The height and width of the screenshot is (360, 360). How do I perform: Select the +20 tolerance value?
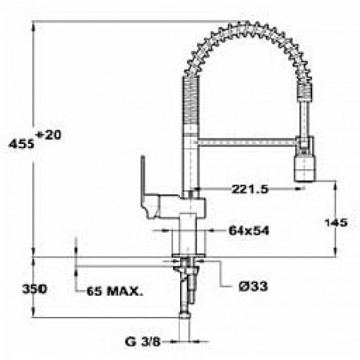pyautogui.click(x=49, y=135)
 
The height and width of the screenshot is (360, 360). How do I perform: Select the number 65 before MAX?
pyautogui.click(x=94, y=290)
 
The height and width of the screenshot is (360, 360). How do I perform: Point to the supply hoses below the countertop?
pyautogui.click(x=189, y=288)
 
